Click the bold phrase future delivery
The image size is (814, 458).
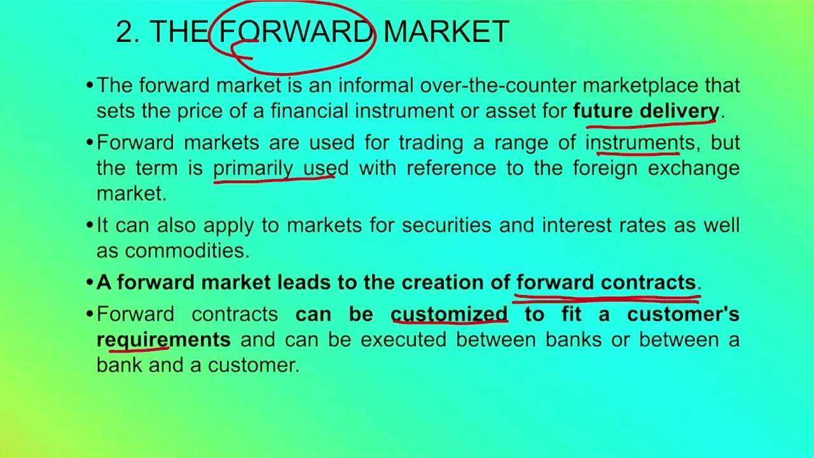click(645, 111)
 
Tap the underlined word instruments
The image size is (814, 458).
click(640, 142)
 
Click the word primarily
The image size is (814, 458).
click(252, 169)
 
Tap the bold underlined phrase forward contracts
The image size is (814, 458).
click(606, 282)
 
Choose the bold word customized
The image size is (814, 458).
click(449, 314)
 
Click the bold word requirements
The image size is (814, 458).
click(163, 340)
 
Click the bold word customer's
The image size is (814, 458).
click(683, 314)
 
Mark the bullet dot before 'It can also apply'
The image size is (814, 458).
click(90, 225)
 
